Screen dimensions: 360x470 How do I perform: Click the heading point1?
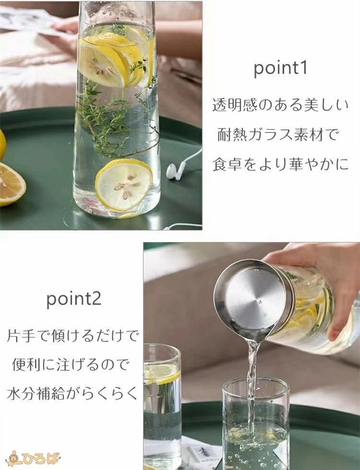(x=281, y=68)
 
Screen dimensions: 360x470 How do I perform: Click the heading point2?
(x=74, y=299)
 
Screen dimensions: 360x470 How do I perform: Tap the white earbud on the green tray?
(x=173, y=172)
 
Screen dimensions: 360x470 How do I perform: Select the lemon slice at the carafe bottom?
(x=124, y=185)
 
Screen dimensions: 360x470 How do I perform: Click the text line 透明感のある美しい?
(x=281, y=105)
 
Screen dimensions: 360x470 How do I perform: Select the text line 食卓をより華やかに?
(x=281, y=164)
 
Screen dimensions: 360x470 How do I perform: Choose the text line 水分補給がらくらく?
(x=72, y=394)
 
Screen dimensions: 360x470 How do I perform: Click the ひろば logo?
(x=33, y=458)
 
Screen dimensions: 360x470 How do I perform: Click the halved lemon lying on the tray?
(x=12, y=184)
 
